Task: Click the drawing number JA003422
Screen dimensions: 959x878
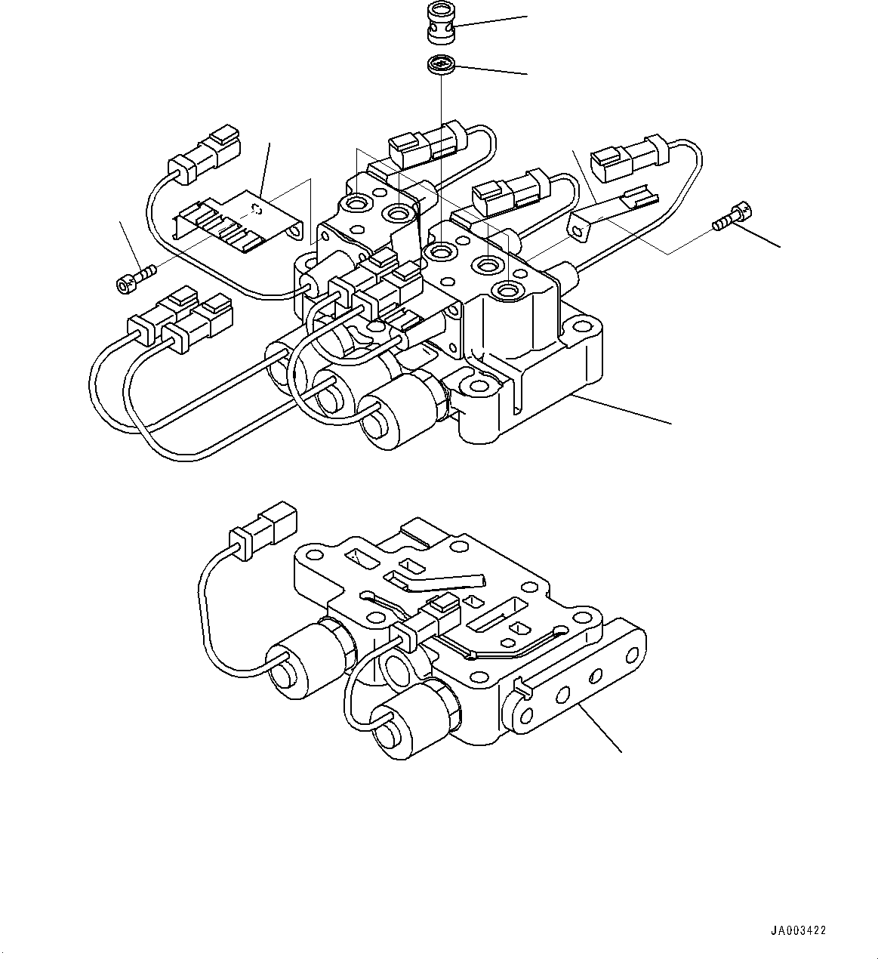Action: point(799,930)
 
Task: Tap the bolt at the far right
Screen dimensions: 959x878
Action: point(732,216)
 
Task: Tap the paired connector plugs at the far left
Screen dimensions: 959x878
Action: point(181,319)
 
